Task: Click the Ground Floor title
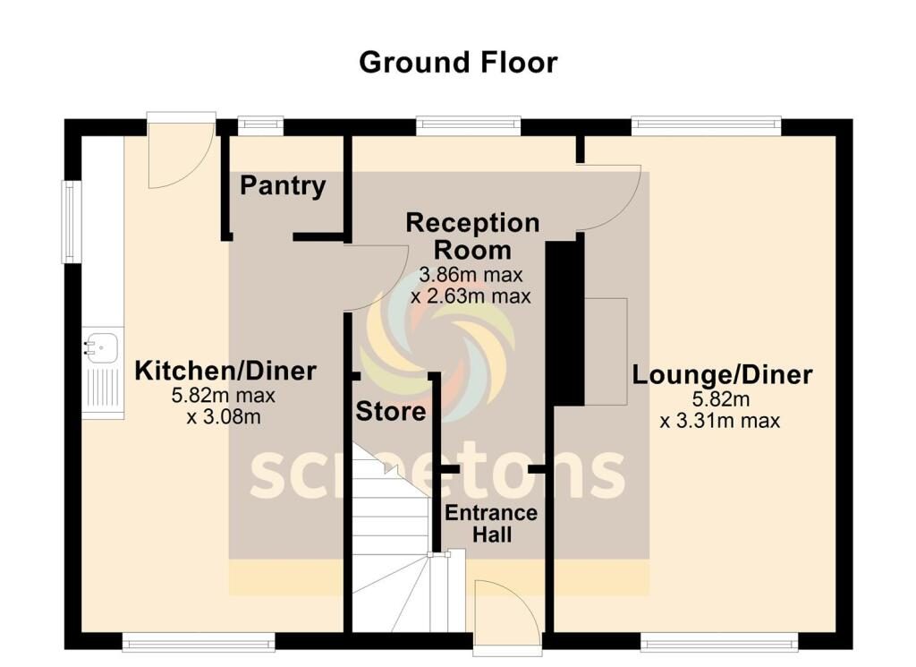click(458, 63)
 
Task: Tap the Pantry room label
click(283, 186)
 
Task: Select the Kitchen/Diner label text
click(225, 371)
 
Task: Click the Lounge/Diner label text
click(723, 374)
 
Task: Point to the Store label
click(391, 413)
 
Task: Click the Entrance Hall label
click(491, 524)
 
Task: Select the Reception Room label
click(472, 235)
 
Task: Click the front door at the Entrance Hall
click(506, 612)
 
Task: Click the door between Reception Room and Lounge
click(611, 197)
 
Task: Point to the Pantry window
click(260, 125)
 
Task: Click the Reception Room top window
click(468, 126)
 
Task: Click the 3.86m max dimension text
click(471, 275)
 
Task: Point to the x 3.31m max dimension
click(720, 421)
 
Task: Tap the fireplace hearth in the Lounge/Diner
click(606, 349)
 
